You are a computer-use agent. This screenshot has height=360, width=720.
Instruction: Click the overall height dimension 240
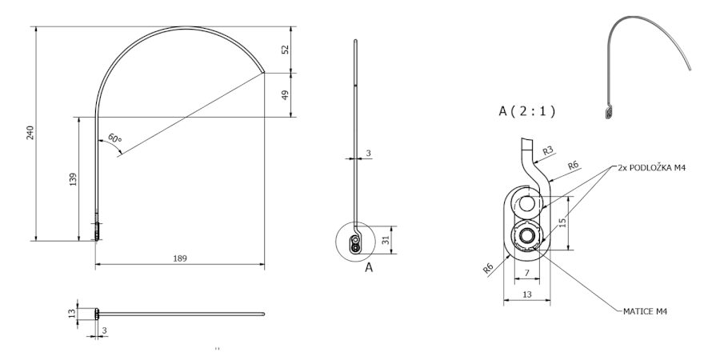30,133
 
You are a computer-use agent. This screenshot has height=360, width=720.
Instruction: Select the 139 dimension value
73,179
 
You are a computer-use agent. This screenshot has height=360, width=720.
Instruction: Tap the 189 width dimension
180,258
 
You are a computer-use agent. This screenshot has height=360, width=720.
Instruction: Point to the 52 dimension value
285,50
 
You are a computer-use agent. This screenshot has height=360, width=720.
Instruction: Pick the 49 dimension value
285,95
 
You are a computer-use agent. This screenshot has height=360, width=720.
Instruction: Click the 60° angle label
114,138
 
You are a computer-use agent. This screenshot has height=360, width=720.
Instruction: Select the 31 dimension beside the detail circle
386,239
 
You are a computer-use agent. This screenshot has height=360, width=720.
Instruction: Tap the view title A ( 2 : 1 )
526,111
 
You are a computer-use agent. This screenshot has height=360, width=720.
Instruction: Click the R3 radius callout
548,150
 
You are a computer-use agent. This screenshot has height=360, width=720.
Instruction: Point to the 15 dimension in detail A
562,222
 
